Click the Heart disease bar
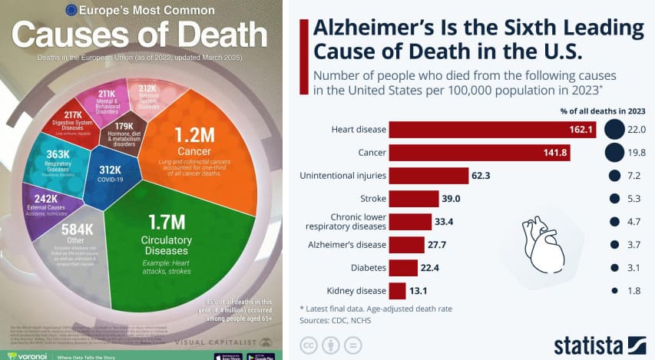pyautogui.click(x=491, y=129)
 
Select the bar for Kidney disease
pyautogui.click(x=397, y=291)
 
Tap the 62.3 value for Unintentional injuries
pyautogui.click(x=481, y=176)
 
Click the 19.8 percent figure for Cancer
pyautogui.click(x=637, y=153)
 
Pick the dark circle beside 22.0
pyautogui.click(x=614, y=129)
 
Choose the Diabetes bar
pyautogui.click(x=403, y=268)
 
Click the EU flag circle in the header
pyautogui.click(x=71, y=10)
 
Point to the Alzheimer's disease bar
pyautogui.click(x=406, y=245)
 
